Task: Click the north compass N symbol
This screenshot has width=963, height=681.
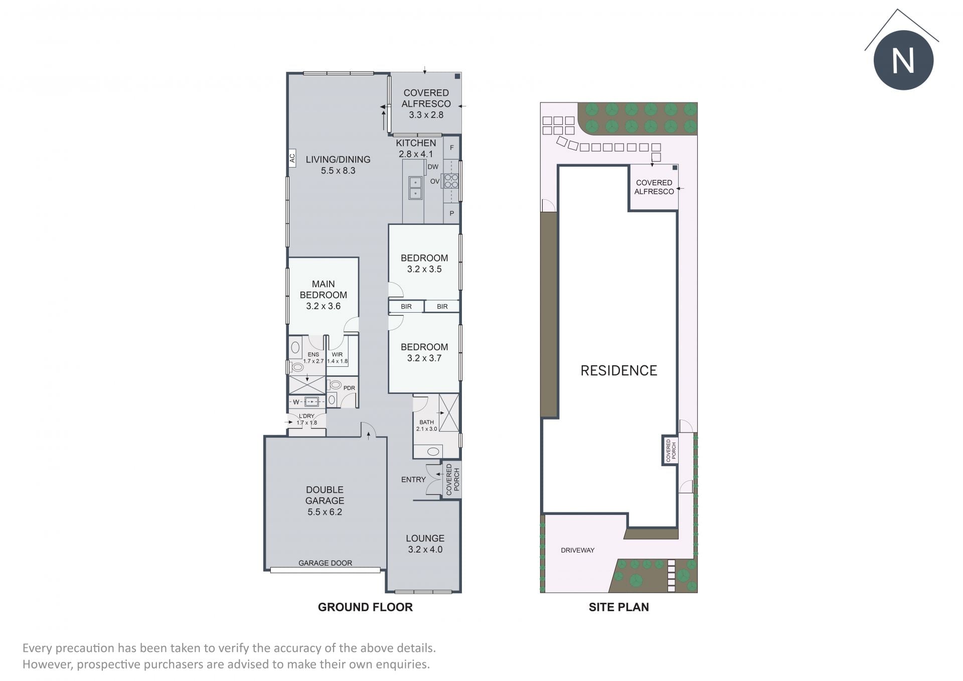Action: point(903,60)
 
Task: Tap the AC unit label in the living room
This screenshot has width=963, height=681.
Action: point(292,159)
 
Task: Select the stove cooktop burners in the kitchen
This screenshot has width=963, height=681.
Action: point(451,181)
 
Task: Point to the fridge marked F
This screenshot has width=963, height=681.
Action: point(452,148)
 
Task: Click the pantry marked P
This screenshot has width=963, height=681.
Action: point(452,213)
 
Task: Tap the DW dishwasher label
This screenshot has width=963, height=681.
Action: point(433,167)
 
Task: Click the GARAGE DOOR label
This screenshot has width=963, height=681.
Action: point(325,563)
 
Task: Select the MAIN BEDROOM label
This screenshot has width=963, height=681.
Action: point(324,290)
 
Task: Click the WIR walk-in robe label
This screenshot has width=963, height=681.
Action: point(337,354)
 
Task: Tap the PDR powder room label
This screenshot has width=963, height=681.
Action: point(349,388)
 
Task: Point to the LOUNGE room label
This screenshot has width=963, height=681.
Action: point(425,538)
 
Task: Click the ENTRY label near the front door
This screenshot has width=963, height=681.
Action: point(413,480)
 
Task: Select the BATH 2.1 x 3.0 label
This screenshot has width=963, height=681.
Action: point(427,426)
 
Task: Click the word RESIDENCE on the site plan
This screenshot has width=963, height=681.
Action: point(619,370)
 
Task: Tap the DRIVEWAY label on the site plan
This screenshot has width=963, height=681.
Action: point(578,550)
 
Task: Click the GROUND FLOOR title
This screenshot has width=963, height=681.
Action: point(365,607)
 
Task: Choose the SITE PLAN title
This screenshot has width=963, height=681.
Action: point(619,607)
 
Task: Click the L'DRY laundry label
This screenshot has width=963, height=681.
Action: point(306,416)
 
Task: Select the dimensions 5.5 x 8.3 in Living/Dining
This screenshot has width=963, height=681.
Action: point(338,171)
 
